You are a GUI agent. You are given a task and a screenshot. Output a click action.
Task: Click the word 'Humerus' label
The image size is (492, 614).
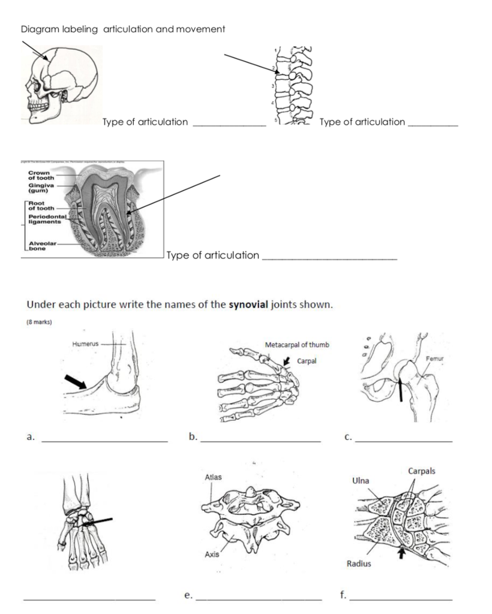point(85,344)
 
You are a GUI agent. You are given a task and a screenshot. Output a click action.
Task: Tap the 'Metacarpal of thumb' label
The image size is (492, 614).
point(296,345)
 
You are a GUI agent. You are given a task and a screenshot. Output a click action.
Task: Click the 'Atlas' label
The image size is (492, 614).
point(213,477)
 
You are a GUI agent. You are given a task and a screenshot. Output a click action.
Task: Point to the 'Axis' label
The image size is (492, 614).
point(211,555)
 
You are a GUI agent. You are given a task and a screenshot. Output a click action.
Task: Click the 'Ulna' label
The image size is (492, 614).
point(361,481)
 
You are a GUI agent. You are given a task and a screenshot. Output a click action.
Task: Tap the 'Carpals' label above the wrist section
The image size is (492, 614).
point(422,471)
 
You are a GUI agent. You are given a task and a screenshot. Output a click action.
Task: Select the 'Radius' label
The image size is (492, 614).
point(359,564)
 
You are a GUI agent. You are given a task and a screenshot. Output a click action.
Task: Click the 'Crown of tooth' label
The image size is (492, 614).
point(41,175)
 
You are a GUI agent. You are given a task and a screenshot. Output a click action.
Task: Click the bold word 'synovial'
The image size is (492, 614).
point(248,304)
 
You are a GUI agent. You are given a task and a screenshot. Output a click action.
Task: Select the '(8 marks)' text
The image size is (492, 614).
point(40,322)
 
